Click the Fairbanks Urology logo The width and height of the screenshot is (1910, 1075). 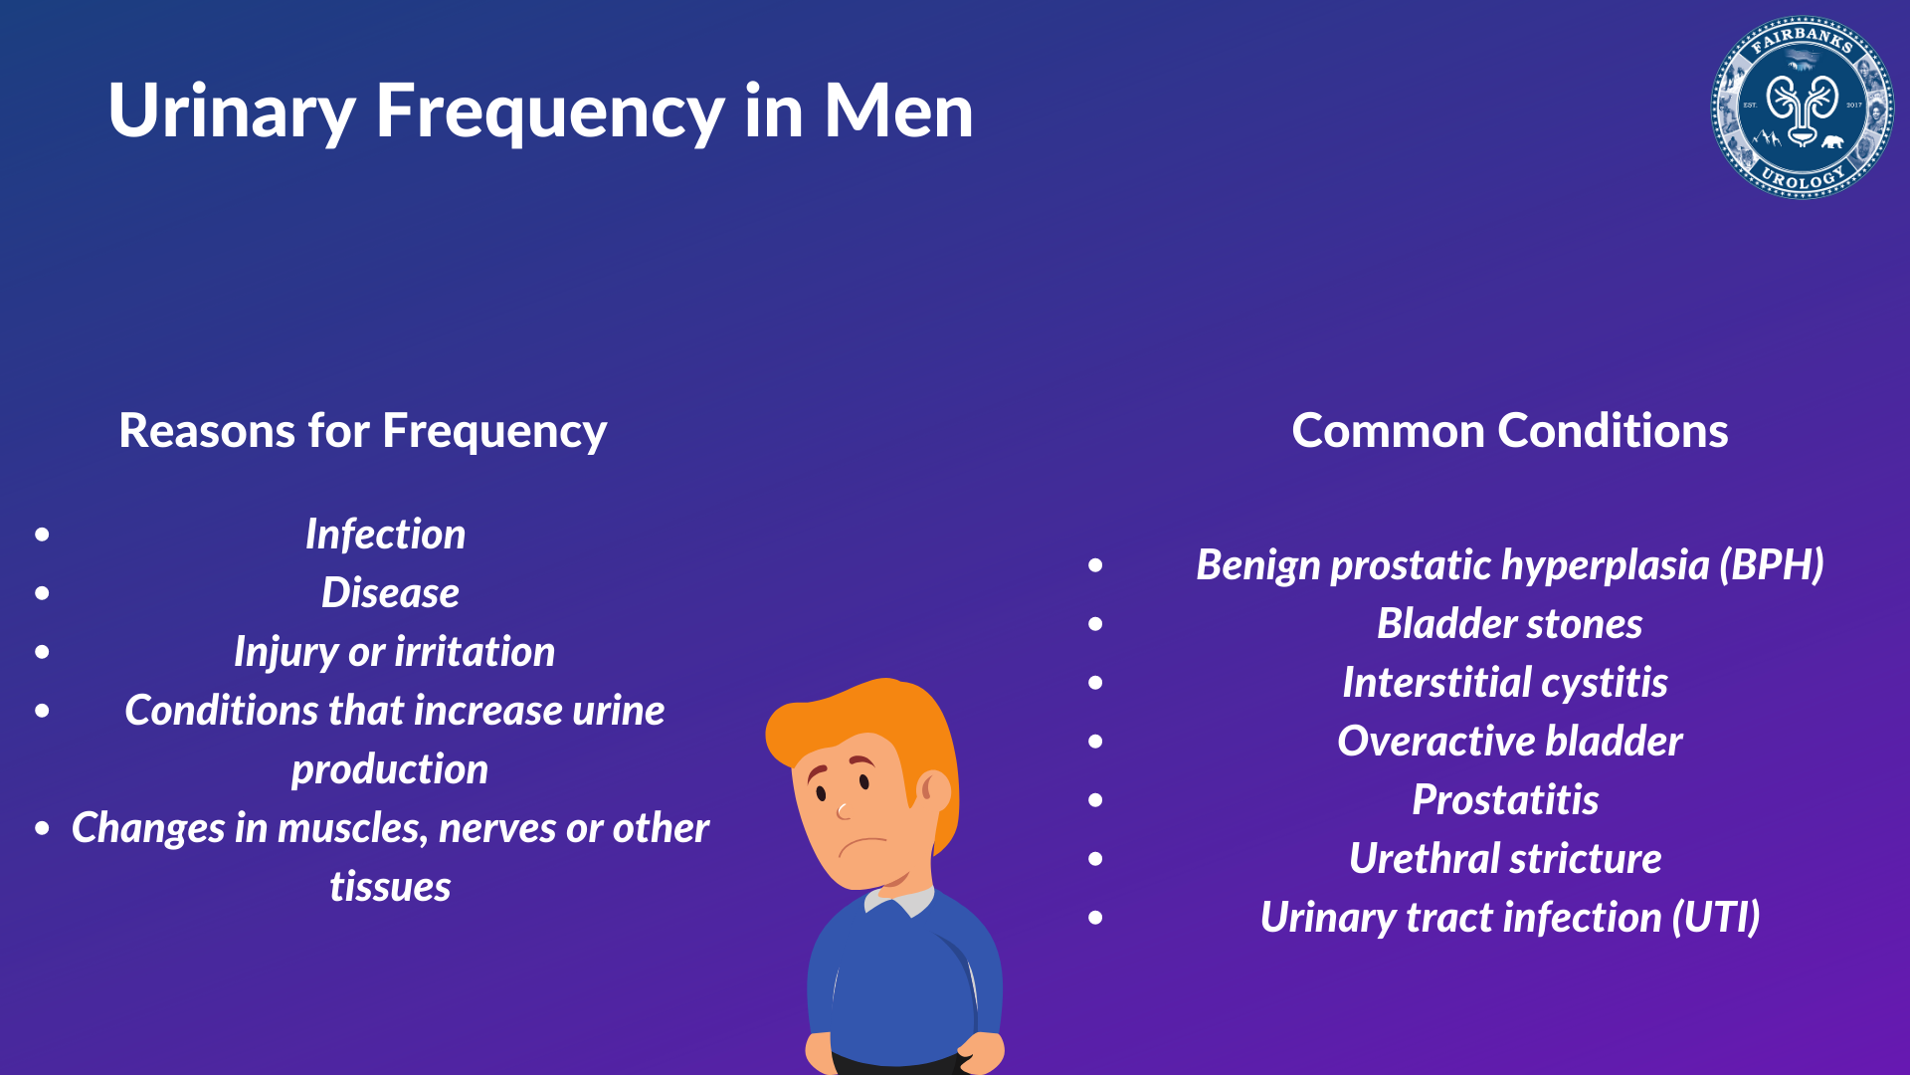[1802, 107]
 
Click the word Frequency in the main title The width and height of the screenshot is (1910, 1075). [549, 111]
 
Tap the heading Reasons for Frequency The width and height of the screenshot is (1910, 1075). [362, 431]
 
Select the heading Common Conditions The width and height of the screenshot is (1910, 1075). [1509, 431]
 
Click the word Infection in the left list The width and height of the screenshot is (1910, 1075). [385, 535]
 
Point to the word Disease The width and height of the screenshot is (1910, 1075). [390, 593]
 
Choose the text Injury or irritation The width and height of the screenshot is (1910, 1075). [394, 652]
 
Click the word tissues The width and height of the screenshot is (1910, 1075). [390, 887]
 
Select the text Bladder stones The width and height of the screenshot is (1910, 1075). [1509, 624]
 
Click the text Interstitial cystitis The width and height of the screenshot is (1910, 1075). [1504, 683]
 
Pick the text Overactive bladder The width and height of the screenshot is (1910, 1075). [1509, 742]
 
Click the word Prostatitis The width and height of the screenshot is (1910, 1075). [1505, 800]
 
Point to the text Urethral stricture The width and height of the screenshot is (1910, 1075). [1505, 859]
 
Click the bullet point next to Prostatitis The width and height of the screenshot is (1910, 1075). [1095, 800]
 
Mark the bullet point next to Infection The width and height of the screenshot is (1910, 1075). [42, 535]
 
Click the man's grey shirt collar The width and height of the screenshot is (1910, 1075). [900, 901]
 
